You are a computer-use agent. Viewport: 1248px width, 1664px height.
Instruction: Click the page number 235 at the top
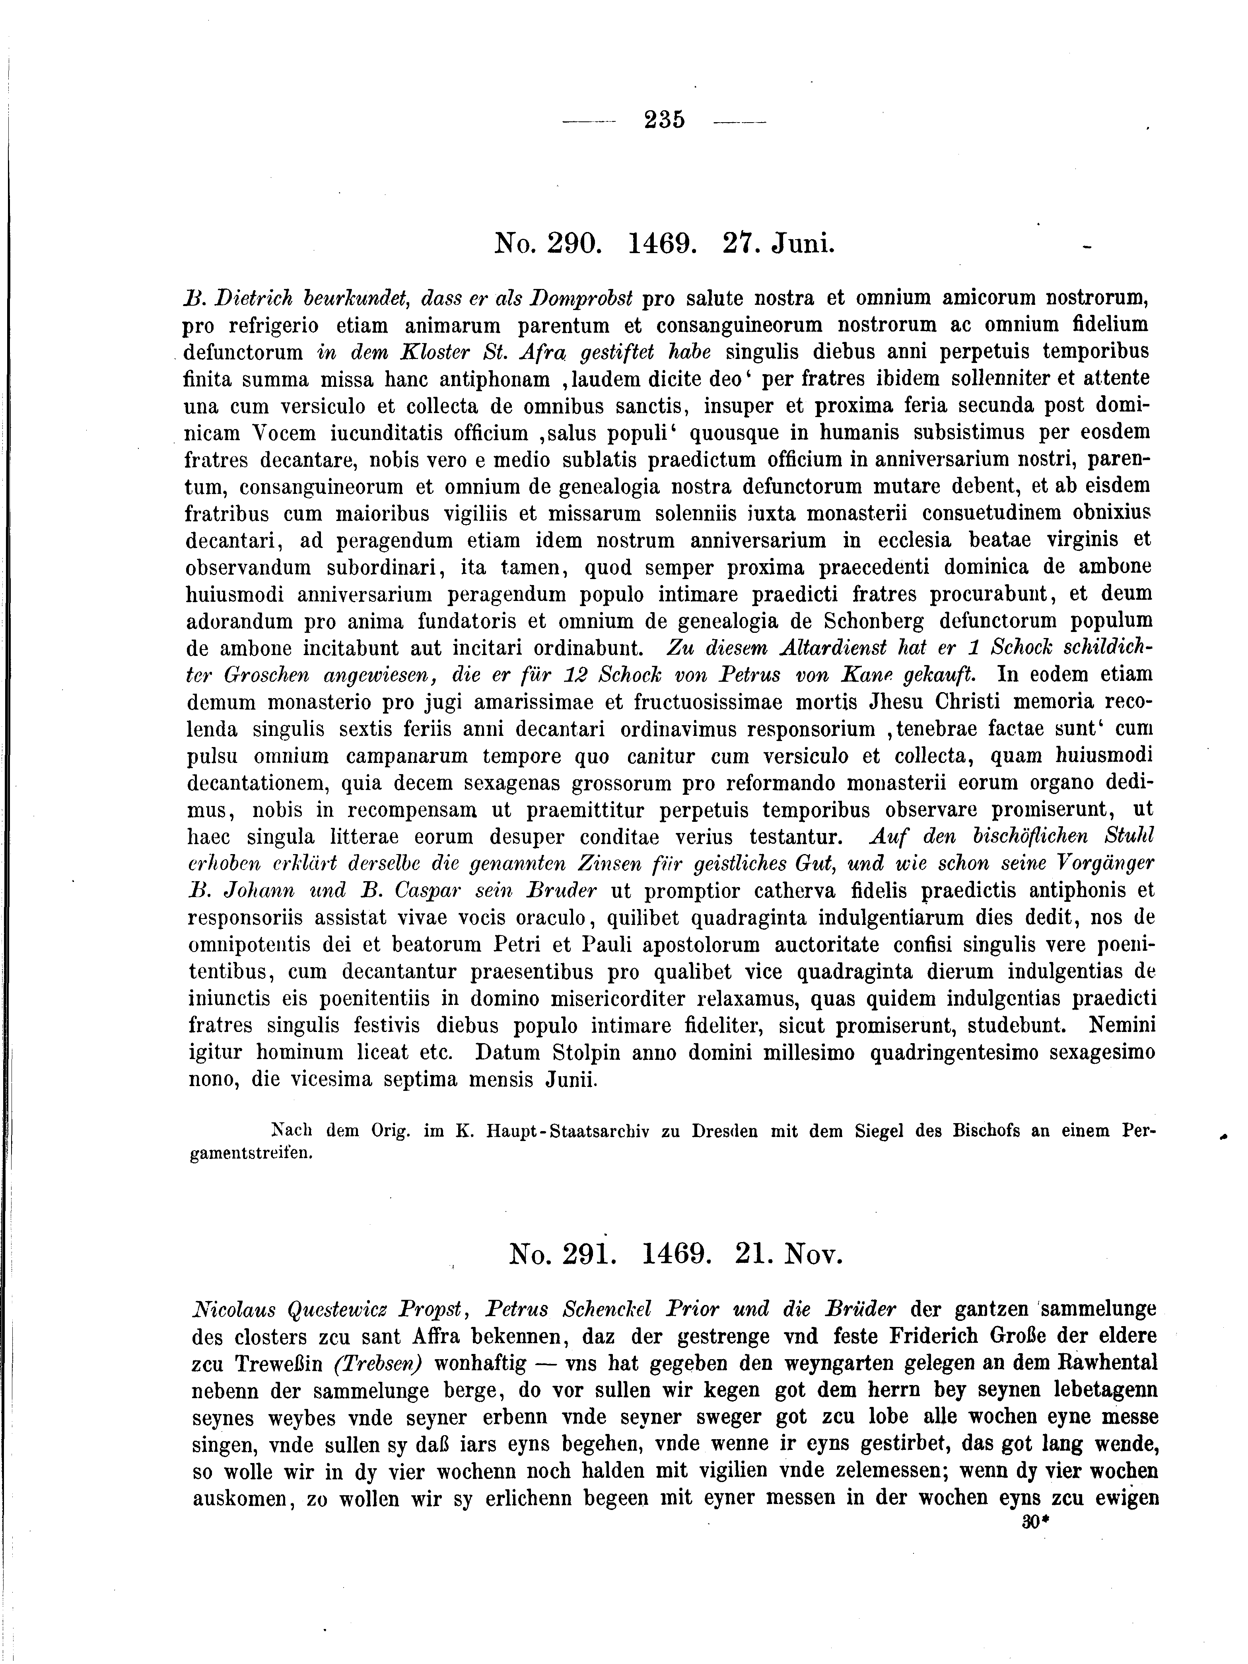[665, 120]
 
